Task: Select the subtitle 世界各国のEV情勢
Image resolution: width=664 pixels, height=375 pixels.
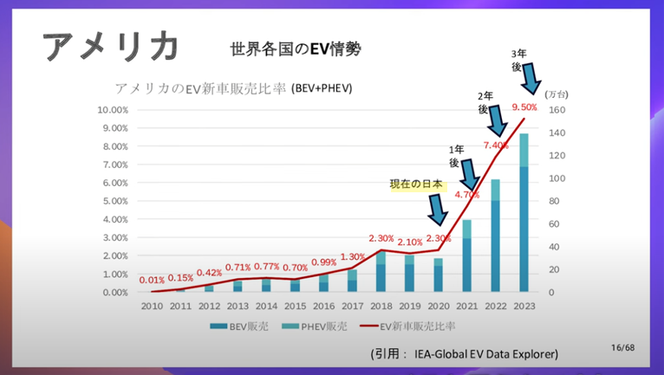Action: pos(296,49)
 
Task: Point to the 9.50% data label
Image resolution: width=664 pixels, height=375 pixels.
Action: pos(524,107)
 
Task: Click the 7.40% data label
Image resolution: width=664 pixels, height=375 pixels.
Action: pos(496,145)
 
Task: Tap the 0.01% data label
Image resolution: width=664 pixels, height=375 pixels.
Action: pos(153,280)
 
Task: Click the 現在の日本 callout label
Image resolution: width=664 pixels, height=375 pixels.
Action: pos(416,184)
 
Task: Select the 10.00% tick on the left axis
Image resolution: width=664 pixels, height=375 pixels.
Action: pos(113,110)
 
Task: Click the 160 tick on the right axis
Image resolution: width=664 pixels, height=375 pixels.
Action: pos(557,110)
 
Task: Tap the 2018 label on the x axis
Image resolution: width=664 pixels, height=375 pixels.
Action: pos(381,306)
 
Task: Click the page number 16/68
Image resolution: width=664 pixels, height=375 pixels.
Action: pos(622,347)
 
